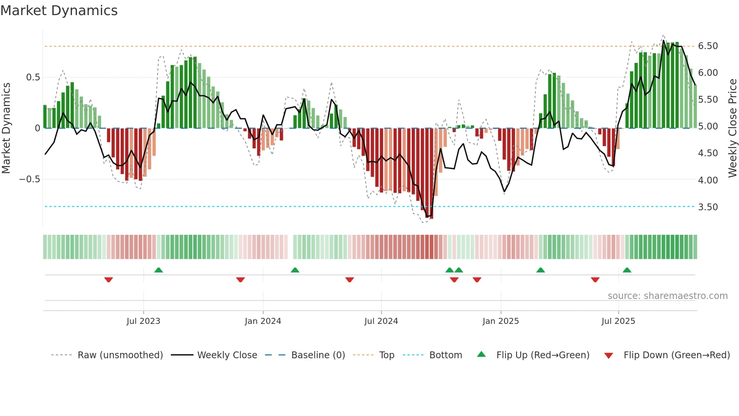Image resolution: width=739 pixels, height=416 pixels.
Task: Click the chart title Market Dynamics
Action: coord(59,11)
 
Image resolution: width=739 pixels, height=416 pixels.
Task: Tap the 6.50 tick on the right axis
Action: coord(708,46)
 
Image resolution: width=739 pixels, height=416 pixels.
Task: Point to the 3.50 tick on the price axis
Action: coord(708,207)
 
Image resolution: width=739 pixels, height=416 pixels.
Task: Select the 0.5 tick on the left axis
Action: coord(33,77)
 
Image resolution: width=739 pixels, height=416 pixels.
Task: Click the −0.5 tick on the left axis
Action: coord(29,179)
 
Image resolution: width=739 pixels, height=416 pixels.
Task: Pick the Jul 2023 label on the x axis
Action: coord(143,321)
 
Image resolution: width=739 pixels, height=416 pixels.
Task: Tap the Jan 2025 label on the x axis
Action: coord(500,321)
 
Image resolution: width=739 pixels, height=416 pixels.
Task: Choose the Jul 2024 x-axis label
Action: coord(381,321)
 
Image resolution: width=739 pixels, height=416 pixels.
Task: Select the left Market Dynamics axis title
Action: coord(6,128)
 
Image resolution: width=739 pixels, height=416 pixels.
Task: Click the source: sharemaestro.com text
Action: coord(667,296)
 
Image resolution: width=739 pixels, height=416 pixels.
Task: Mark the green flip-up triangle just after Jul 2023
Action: coord(158,270)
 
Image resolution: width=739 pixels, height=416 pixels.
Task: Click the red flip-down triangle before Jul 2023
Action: coord(109,280)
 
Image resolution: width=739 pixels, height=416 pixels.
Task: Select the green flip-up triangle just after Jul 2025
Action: coord(627,270)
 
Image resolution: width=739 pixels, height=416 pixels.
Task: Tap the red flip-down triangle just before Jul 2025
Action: coord(595,280)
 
